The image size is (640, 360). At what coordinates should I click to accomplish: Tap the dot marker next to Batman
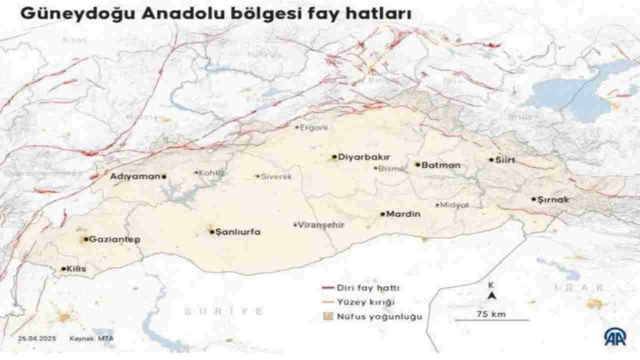417,164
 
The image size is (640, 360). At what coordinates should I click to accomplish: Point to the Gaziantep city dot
86,239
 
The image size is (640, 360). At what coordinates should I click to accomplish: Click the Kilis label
76,269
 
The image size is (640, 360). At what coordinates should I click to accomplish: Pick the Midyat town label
454,205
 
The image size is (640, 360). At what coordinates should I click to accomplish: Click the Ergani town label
314,127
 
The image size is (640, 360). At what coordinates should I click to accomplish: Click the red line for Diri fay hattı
327,288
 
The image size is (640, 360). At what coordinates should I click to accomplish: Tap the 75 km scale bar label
492,314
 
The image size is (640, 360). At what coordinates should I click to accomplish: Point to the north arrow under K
492,295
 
